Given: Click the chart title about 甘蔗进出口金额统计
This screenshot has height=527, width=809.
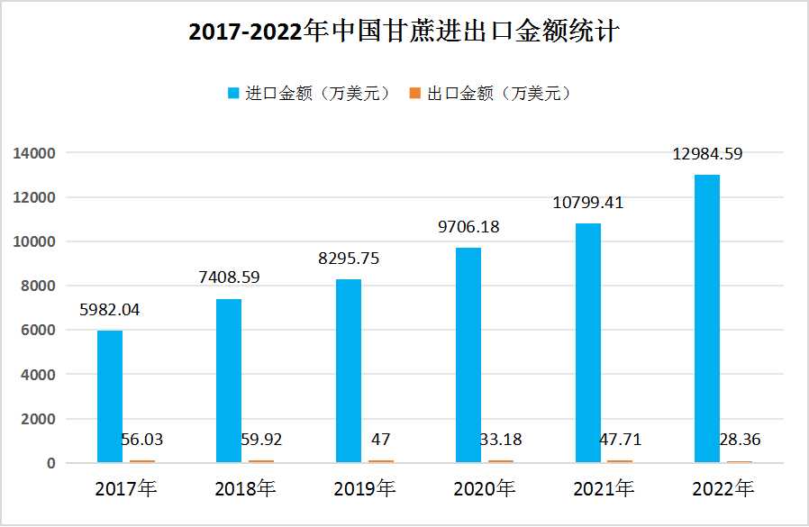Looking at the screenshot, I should (404, 32).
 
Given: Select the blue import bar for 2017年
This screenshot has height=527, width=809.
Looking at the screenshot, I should (110, 396).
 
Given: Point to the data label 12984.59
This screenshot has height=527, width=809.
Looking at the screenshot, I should (707, 154).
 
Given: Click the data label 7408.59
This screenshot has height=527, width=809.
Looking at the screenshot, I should (229, 277).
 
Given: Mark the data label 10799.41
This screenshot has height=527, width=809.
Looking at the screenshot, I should (587, 203).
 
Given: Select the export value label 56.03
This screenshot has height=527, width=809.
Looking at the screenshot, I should (142, 441).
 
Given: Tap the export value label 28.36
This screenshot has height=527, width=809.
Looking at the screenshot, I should (739, 441).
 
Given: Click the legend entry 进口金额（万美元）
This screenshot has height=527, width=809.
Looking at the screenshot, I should (309, 94).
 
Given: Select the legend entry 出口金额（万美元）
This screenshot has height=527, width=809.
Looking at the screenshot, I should (491, 94).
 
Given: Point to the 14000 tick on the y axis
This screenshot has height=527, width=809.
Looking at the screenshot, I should (35, 153).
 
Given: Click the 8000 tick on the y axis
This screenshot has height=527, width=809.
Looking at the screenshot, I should (39, 286).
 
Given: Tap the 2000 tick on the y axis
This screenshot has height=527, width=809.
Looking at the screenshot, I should (39, 419).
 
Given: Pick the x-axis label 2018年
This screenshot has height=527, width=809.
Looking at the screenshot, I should (245, 489).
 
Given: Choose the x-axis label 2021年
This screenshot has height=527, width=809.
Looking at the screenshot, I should (603, 489).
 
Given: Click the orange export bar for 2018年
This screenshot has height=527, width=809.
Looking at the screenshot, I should (262, 461).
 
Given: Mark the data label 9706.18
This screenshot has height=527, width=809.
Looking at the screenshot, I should (468, 227).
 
